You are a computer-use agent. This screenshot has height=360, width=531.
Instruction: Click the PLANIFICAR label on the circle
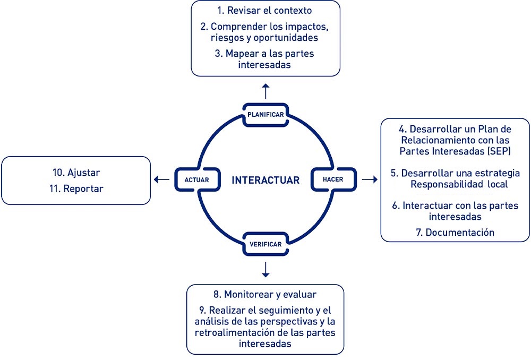click(x=265, y=115)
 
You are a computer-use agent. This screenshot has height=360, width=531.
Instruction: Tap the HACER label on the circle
click(x=333, y=179)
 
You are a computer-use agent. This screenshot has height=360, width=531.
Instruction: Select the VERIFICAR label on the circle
click(x=265, y=244)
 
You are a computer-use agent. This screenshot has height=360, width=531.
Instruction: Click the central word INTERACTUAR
click(x=265, y=180)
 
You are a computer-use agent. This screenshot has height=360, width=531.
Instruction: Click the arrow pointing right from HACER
click(x=369, y=179)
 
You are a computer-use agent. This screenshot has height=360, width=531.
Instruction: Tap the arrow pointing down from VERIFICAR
click(x=265, y=270)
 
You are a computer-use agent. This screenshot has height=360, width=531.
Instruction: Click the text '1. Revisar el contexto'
click(x=265, y=11)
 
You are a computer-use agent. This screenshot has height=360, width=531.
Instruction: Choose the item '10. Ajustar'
click(x=76, y=173)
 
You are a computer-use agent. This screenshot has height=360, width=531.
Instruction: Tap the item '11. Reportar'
click(x=76, y=188)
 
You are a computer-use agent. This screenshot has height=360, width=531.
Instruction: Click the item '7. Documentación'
click(x=456, y=232)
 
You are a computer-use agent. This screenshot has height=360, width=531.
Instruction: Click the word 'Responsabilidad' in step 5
click(x=447, y=184)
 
